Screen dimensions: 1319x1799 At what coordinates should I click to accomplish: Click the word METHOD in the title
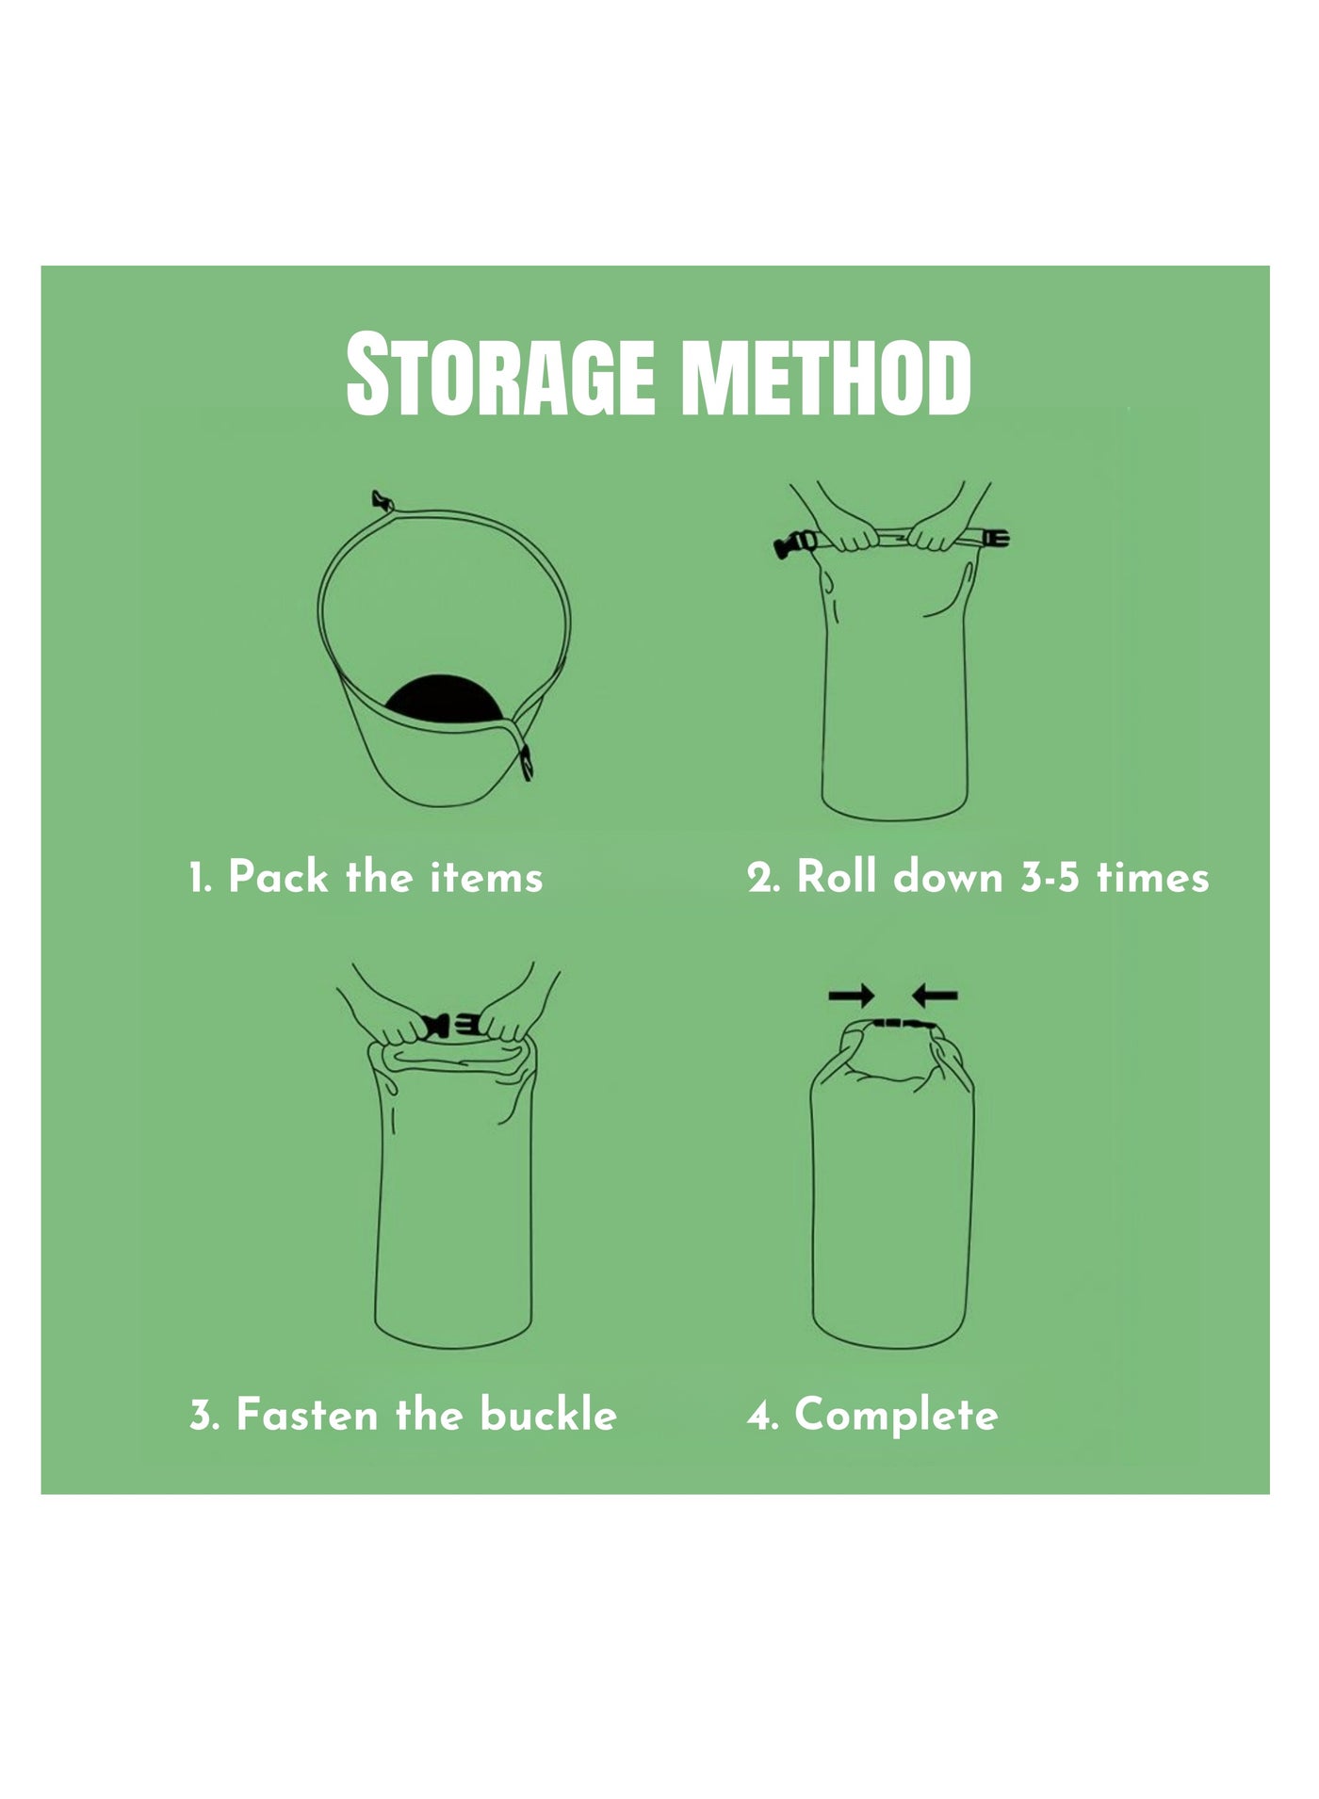point(826,376)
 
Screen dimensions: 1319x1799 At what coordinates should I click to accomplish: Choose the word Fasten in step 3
point(307,1415)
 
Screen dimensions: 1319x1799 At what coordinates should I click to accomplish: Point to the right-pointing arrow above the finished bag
point(852,995)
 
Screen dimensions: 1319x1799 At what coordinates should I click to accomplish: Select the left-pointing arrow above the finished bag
point(935,995)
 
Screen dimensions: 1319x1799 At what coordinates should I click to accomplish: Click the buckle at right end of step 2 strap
point(995,539)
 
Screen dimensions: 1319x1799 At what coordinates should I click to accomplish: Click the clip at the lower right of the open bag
point(527,761)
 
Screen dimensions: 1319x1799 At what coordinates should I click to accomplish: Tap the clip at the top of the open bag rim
point(382,500)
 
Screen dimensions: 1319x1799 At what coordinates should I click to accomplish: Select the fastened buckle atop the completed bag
point(899,1024)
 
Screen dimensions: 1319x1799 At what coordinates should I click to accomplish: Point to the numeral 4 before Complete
point(759,1417)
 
